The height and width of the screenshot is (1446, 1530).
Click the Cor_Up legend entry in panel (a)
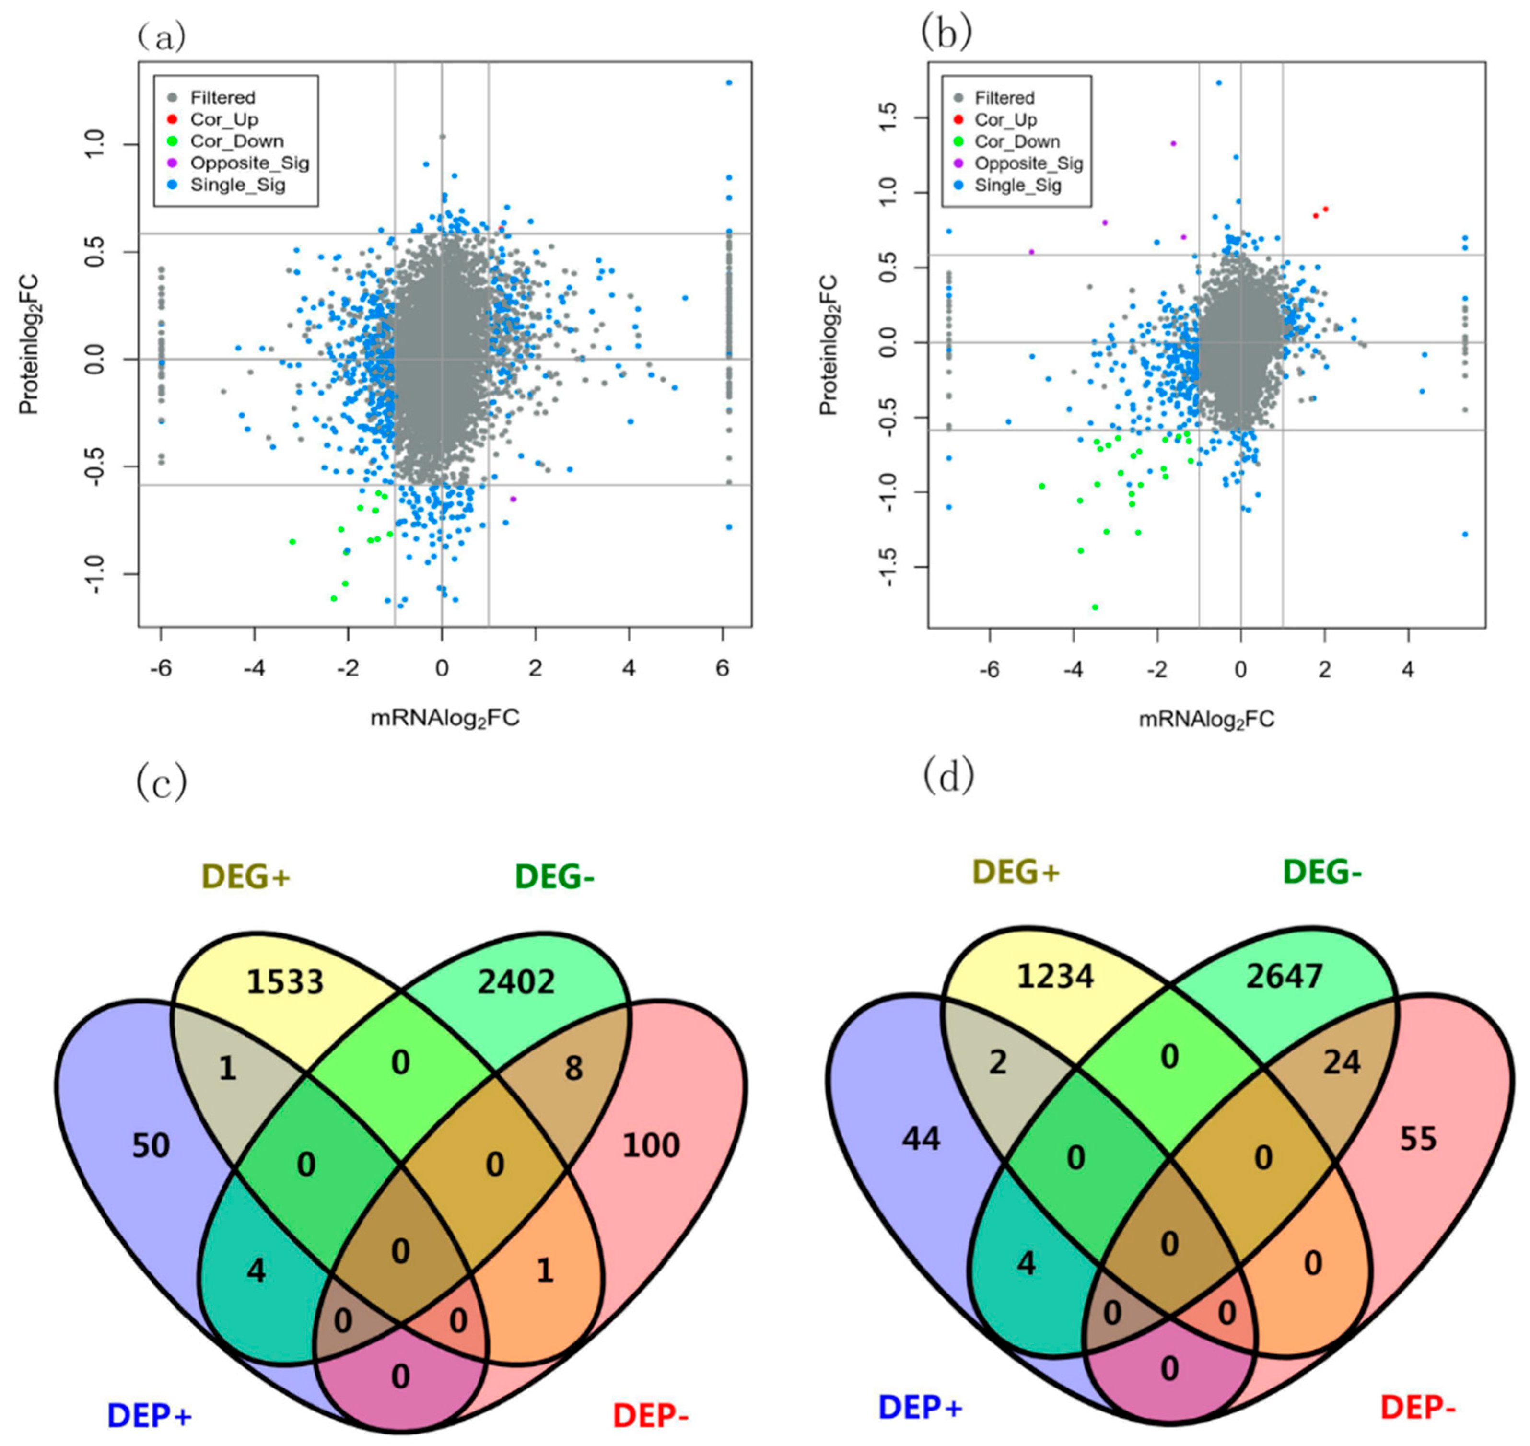click(223, 119)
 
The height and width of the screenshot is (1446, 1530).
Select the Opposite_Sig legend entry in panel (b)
click(1028, 163)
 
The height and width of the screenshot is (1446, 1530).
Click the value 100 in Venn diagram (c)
click(651, 1145)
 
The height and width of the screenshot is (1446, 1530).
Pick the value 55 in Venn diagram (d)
click(1418, 1139)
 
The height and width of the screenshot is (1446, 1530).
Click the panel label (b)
click(946, 33)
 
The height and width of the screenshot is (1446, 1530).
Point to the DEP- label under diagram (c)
click(651, 1415)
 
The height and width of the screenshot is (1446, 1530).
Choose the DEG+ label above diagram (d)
click(1016, 872)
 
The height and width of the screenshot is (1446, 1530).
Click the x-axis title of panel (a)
click(445, 718)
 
